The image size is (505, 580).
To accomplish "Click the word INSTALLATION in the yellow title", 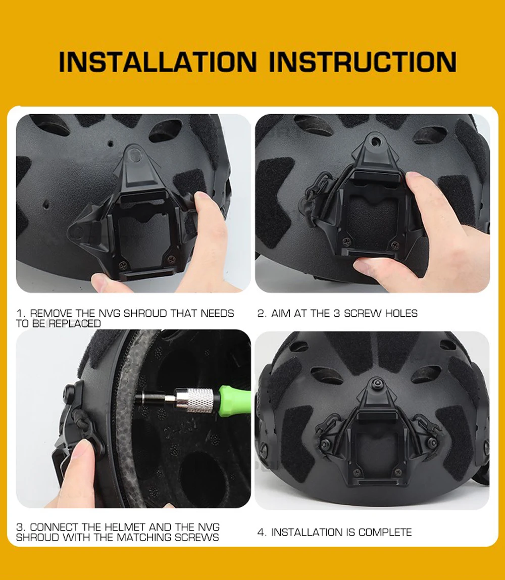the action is [x=158, y=62].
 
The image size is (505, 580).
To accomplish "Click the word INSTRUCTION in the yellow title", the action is [x=363, y=62].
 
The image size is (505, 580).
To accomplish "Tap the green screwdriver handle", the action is [x=234, y=400].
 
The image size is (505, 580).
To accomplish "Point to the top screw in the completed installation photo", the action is [x=377, y=382].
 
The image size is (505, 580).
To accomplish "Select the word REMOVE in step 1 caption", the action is [x=52, y=313].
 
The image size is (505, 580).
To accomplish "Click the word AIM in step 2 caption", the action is [x=281, y=313].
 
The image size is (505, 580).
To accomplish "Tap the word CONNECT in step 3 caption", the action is [x=55, y=527].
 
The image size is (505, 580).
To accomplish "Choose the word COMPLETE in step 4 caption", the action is [x=385, y=532].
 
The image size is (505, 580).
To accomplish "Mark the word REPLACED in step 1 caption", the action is [x=75, y=323].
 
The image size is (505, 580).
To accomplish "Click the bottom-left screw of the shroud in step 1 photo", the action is [x=123, y=265].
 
